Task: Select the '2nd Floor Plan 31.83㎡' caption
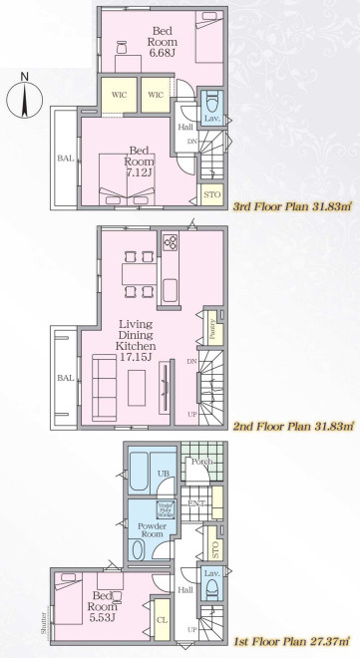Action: pyautogui.click(x=292, y=426)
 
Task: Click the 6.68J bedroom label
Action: pyautogui.click(x=162, y=41)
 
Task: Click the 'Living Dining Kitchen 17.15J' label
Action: pyautogui.click(x=134, y=340)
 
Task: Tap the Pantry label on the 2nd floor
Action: pyautogui.click(x=213, y=325)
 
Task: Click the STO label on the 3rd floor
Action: pyautogui.click(x=211, y=194)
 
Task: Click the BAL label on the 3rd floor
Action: pyautogui.click(x=65, y=158)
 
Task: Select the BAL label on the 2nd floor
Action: pyautogui.click(x=65, y=378)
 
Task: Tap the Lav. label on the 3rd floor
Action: pyautogui.click(x=212, y=118)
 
